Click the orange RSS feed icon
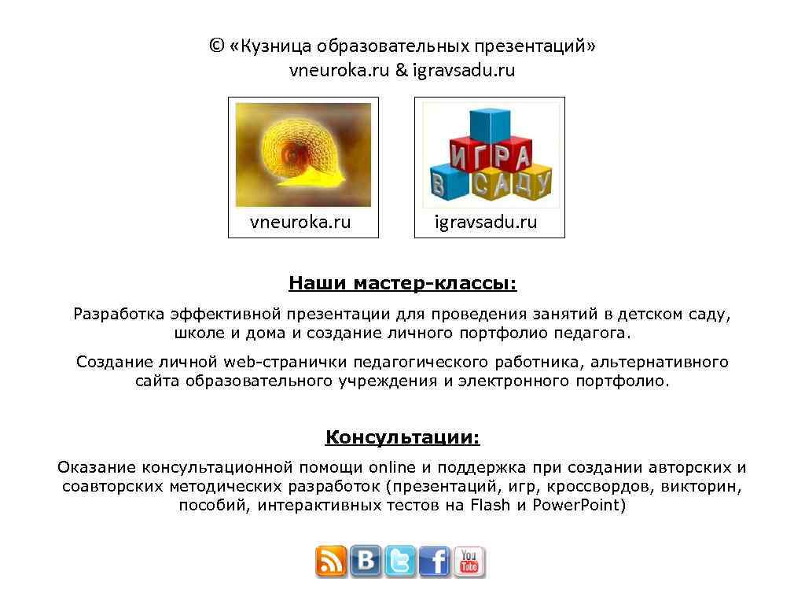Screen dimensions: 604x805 coord(331,562)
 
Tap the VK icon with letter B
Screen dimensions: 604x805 coord(366,562)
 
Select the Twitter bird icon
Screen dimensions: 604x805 coord(400,562)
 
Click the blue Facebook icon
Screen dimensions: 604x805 coord(435,562)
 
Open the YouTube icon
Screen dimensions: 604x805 coord(469,562)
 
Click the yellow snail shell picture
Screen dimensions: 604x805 coord(303,155)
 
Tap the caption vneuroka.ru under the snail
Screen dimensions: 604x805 coord(300,222)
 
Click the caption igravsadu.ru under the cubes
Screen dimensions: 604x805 coord(486,222)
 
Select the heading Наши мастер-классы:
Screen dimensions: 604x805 coord(402,283)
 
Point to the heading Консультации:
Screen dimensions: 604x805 coord(402,437)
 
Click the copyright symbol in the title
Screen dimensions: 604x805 coord(216,46)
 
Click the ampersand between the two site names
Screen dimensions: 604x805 coord(401,70)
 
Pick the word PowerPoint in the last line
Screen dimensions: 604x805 coord(579,505)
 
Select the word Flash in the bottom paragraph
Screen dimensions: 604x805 coord(491,505)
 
